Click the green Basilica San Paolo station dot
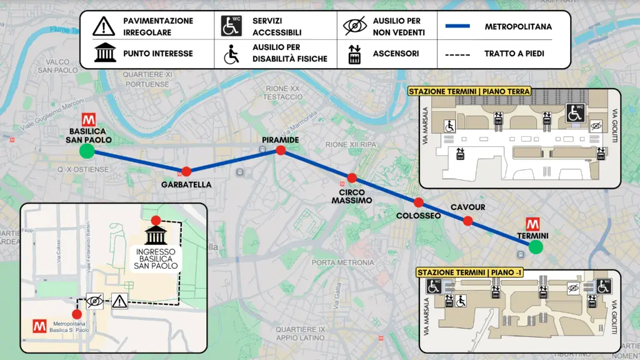pos(87,151)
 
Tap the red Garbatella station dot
pos(186,171)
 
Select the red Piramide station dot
pos(281,150)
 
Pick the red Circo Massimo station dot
pos(352,177)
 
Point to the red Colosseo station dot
pos(418,202)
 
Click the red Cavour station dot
pos(467,220)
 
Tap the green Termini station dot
pos(535,247)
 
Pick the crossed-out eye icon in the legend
pos(354,26)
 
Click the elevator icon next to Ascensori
pos(354,54)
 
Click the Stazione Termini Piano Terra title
pos(469,91)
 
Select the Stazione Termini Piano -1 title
pos(469,272)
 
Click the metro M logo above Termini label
pos(533,223)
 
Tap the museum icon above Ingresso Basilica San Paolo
pos(156,236)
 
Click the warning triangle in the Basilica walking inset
pos(119,301)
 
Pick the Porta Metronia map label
pos(342,262)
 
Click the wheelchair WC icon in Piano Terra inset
pos(575,113)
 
